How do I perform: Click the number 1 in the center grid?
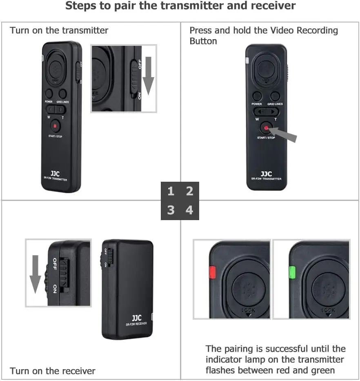pos(171,191)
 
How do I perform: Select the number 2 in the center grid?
pos(189,191)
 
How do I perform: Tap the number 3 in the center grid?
pos(171,210)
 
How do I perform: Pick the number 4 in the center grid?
pos(189,210)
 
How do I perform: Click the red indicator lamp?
pos(212,272)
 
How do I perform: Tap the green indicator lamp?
pos(292,272)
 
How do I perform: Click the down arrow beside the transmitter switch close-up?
pos(149,76)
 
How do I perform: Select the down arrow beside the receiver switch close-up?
pos(36,274)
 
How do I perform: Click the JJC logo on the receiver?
pos(137,318)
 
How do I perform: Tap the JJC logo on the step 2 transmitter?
pos(266,174)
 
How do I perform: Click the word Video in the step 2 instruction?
pos(282,31)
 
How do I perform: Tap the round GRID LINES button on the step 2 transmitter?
pos(276,96)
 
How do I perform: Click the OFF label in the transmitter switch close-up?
pos(140,65)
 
